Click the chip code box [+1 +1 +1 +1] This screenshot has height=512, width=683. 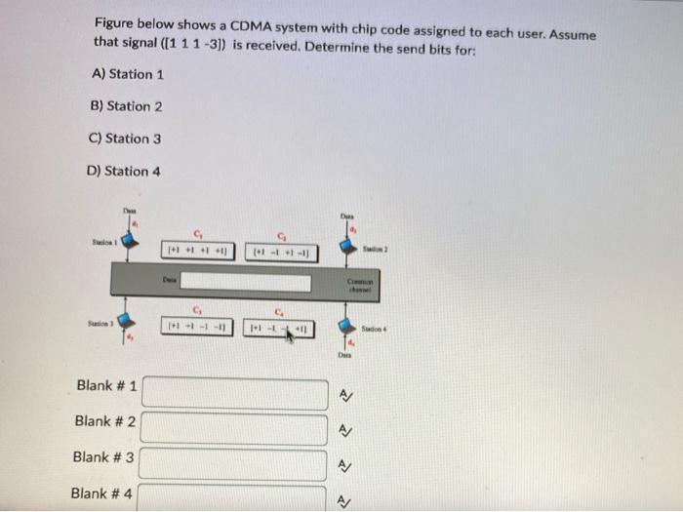pos(197,251)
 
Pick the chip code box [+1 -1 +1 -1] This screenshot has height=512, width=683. pos(279,251)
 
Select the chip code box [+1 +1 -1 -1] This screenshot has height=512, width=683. pos(197,327)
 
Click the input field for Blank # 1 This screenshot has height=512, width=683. pos(235,394)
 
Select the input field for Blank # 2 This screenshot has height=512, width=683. pos(235,429)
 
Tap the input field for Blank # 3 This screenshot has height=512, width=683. pos(235,464)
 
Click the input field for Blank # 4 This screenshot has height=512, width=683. pos(235,497)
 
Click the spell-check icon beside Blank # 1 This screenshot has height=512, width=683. pos(344,395)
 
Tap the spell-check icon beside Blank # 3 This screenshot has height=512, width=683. pos(344,465)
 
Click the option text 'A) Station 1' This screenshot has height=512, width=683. pos(128,74)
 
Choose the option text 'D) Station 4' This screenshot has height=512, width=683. pos(124,171)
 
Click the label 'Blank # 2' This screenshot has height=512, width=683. pos(105,421)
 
